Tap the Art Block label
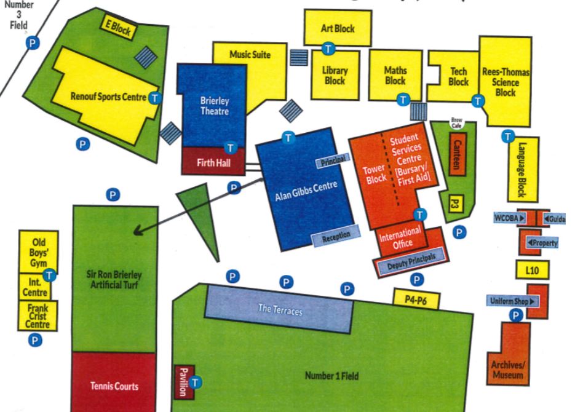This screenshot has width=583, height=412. tap(338, 29)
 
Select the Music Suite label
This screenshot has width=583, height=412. tap(250, 55)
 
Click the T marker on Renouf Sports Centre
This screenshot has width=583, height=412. tap(156, 97)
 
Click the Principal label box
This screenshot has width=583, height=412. tap(333, 160)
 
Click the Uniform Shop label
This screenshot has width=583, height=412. tap(512, 301)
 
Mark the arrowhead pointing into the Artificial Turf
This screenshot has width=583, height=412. tap(137, 231)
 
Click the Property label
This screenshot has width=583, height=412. tap(542, 243)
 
